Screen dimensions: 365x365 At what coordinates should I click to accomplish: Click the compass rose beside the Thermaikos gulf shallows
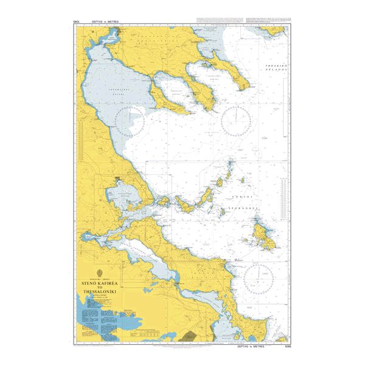point(130,121)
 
